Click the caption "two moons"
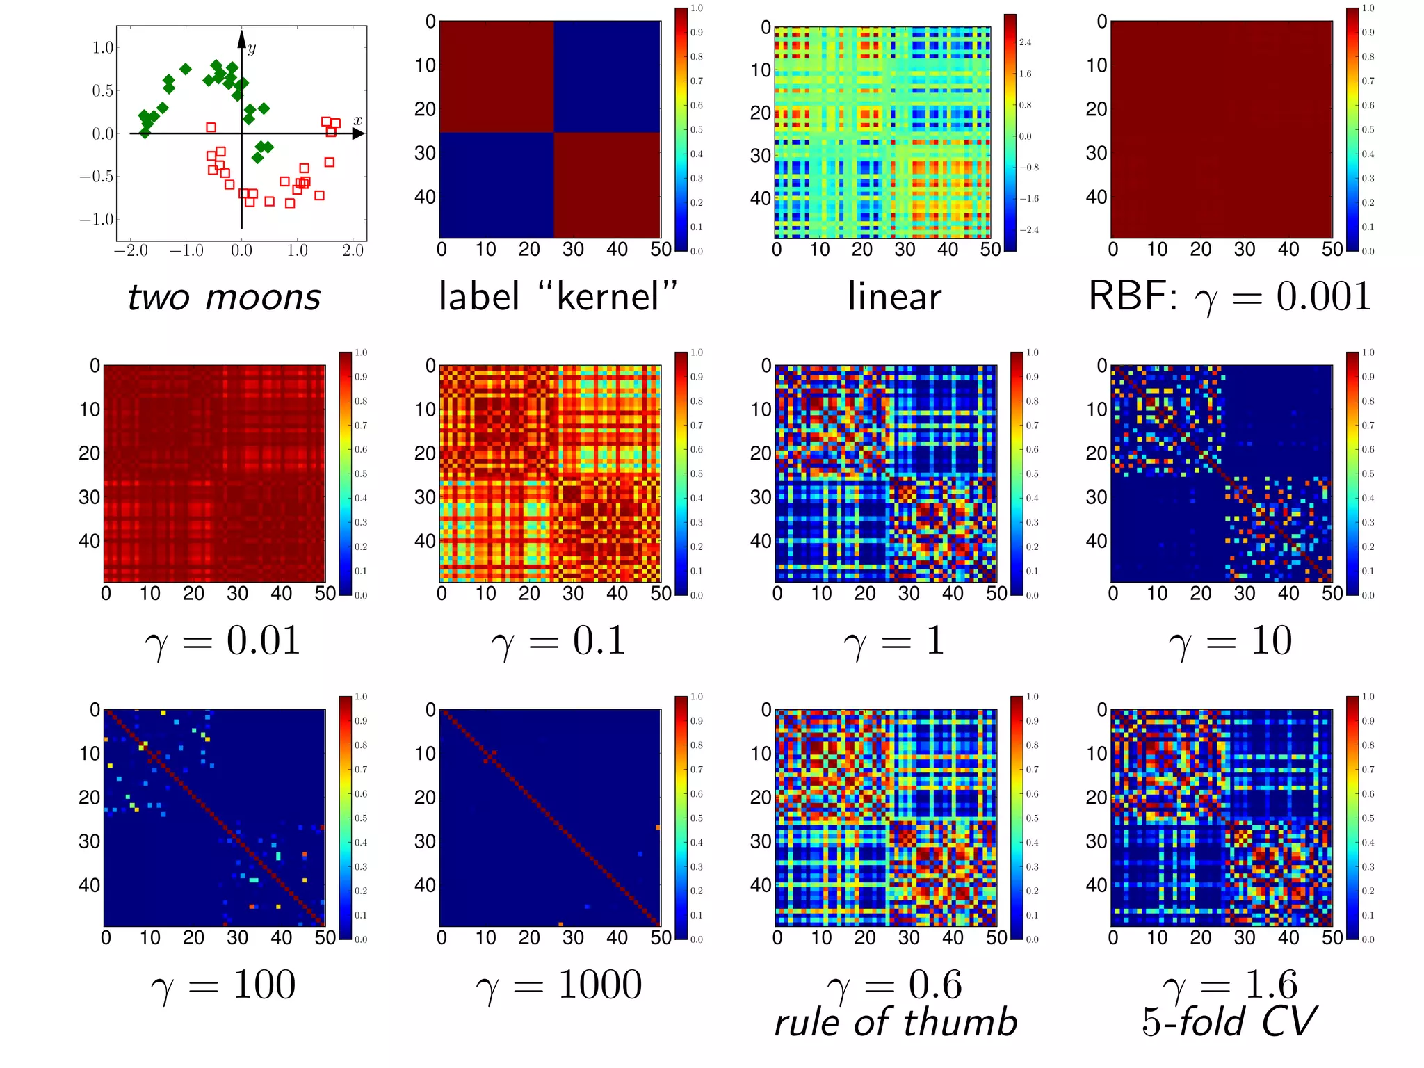point(224,298)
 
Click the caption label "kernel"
point(558,296)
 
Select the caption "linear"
point(894,296)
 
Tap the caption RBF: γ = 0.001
point(1229,296)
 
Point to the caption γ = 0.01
point(222,640)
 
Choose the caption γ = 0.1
point(558,640)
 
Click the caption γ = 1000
point(558,985)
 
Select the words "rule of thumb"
point(896,1023)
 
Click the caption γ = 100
point(222,985)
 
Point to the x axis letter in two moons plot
point(357,120)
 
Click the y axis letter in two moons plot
point(252,48)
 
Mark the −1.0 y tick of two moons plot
point(96,220)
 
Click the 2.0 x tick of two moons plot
point(353,250)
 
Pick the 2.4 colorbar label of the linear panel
point(1025,42)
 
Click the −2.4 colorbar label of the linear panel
point(1028,229)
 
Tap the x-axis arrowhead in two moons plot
point(359,133)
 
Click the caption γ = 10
point(1229,640)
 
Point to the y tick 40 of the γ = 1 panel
point(761,541)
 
